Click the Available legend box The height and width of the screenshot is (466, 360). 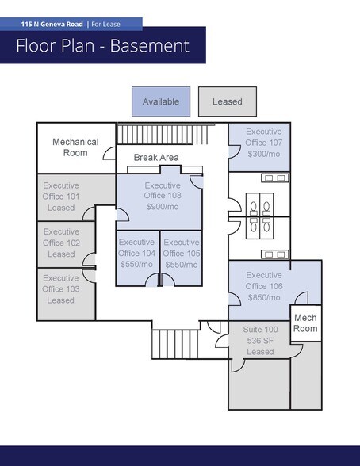160,101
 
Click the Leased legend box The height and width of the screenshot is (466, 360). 227,101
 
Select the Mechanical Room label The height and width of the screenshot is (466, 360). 75,147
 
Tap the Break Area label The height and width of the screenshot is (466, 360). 155,158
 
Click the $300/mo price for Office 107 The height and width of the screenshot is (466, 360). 264,154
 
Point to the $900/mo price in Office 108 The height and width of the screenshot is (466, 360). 163,206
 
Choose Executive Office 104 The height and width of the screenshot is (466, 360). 136,253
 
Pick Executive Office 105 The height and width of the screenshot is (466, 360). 182,253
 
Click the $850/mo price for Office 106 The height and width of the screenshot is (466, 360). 264,297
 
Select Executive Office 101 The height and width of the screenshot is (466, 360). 61,197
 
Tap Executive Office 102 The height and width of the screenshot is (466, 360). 61,243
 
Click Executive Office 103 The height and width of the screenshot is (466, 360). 61,289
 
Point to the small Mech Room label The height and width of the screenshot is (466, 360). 305,323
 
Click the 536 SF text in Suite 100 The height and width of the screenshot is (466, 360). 260,340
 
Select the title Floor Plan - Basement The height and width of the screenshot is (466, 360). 103,45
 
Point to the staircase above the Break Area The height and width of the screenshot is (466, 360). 167,132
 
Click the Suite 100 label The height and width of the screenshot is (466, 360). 260,329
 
